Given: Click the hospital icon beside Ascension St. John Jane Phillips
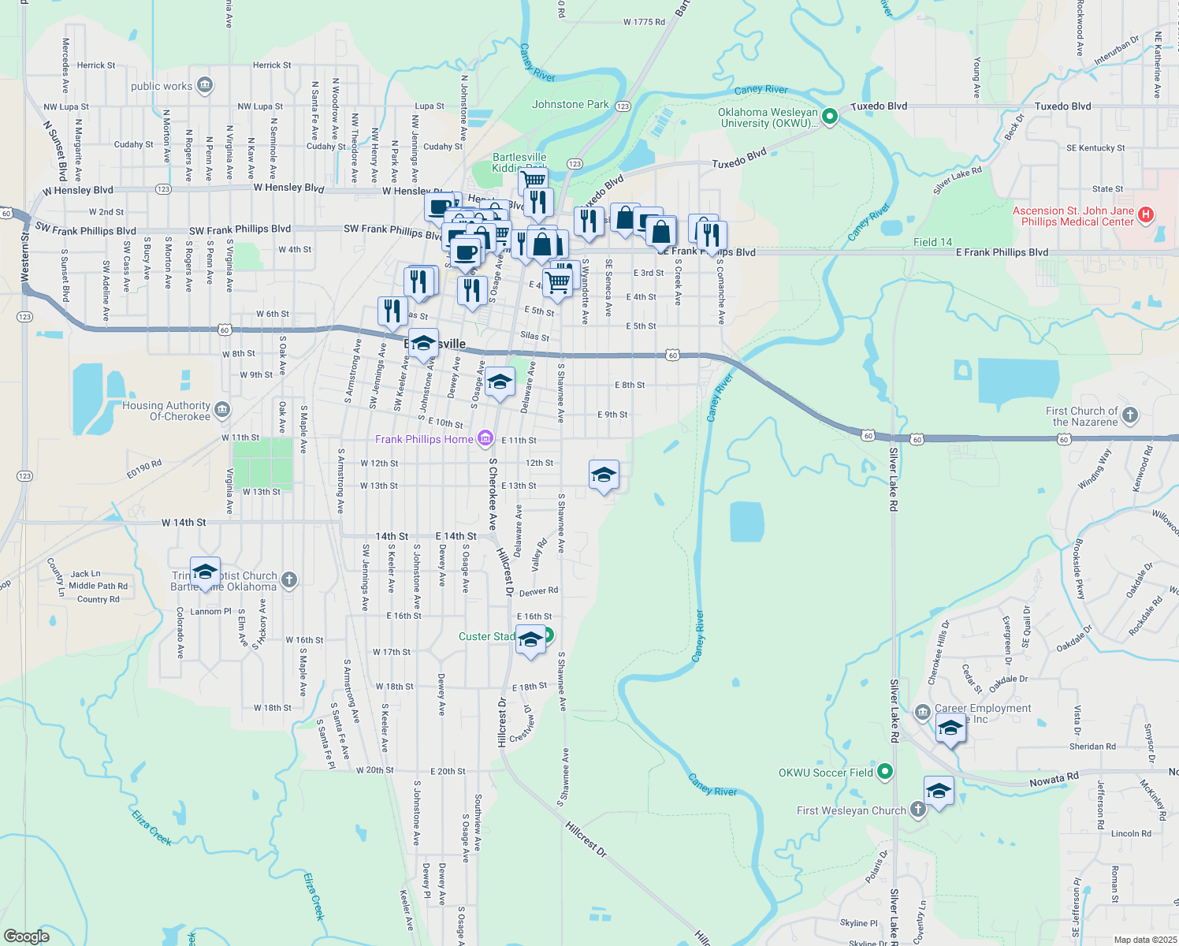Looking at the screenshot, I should (1146, 214).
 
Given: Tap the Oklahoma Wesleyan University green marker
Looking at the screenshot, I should (829, 117).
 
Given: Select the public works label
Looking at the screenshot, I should (162, 86).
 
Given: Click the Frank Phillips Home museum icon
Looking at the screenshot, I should (485, 438).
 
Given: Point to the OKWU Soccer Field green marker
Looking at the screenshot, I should (885, 772).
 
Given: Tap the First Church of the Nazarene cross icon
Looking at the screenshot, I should (1129, 415).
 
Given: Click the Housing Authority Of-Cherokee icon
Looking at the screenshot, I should (222, 410).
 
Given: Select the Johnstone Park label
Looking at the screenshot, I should (570, 104).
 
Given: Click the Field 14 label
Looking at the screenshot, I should (932, 242).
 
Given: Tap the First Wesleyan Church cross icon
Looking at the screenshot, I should (917, 810).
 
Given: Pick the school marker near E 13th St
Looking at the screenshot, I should (604, 475).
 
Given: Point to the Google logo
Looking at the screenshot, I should (27, 937).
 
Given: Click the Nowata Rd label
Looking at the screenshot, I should (1054, 780).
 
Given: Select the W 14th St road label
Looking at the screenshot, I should (184, 523).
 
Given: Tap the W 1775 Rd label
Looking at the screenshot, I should (644, 22).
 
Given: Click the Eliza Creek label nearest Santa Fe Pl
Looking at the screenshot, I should (151, 827).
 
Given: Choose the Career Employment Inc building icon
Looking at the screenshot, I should (922, 713).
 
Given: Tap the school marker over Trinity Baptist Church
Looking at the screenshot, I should (205, 572).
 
